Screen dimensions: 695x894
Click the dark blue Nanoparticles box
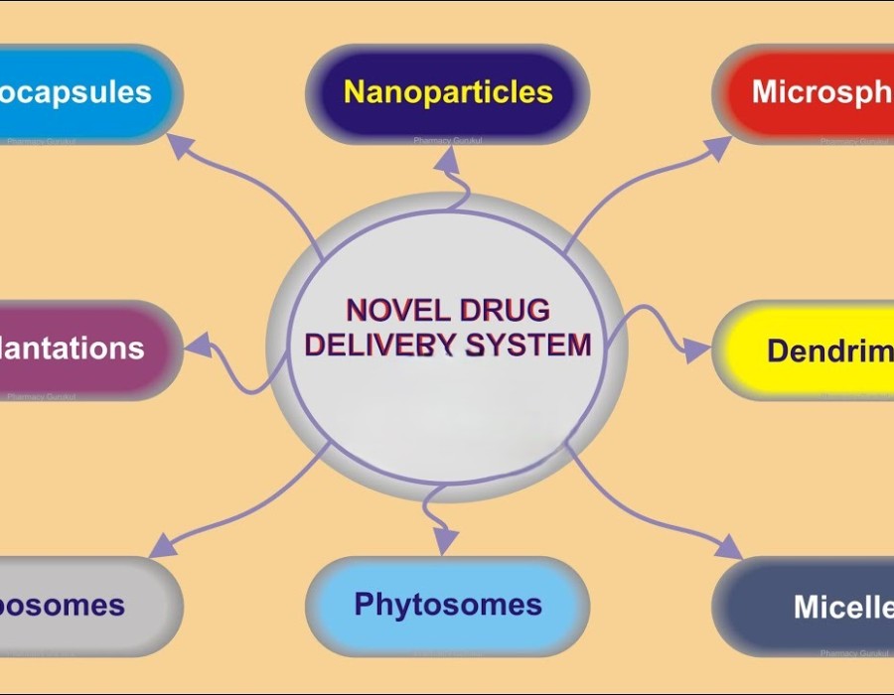click(447, 93)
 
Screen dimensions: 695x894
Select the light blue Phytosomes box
click(447, 605)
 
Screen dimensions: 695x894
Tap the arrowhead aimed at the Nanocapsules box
click(180, 147)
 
